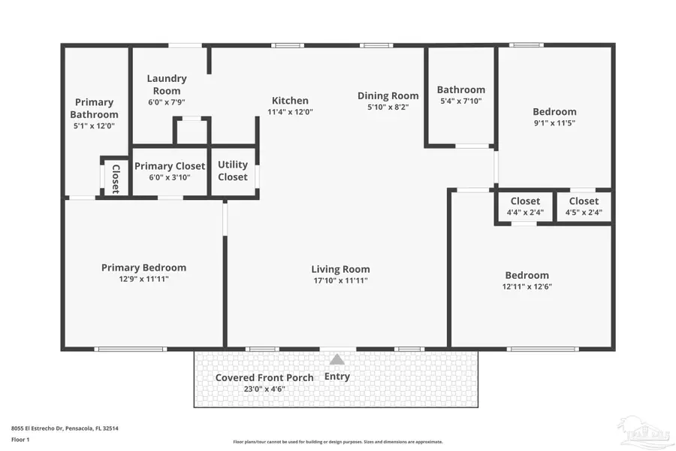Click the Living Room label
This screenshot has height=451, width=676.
pyautogui.click(x=340, y=269)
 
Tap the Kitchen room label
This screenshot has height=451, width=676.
pyautogui.click(x=290, y=101)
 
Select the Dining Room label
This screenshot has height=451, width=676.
pyautogui.click(x=388, y=95)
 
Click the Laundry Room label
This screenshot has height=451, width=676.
pyautogui.click(x=167, y=84)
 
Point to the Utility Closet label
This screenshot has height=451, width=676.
pyautogui.click(x=233, y=171)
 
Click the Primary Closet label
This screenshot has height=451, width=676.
pyautogui.click(x=170, y=166)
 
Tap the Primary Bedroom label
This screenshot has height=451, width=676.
pyautogui.click(x=143, y=268)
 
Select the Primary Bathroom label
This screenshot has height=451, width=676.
pyautogui.click(x=95, y=108)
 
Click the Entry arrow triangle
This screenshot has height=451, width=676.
pyautogui.click(x=337, y=360)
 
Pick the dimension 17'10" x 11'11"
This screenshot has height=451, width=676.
pyautogui.click(x=340, y=280)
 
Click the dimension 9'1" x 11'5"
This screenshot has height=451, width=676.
pyautogui.click(x=554, y=123)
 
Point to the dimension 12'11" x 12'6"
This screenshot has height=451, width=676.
pyautogui.click(x=527, y=286)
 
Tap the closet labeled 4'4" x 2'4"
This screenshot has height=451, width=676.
pyautogui.click(x=525, y=206)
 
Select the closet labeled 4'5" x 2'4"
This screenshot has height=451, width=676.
pyautogui.click(x=584, y=206)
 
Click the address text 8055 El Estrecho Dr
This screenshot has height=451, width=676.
pyautogui.click(x=65, y=428)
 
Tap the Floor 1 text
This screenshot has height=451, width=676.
pyautogui.click(x=20, y=440)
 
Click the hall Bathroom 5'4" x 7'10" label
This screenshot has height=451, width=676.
pyautogui.click(x=461, y=95)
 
